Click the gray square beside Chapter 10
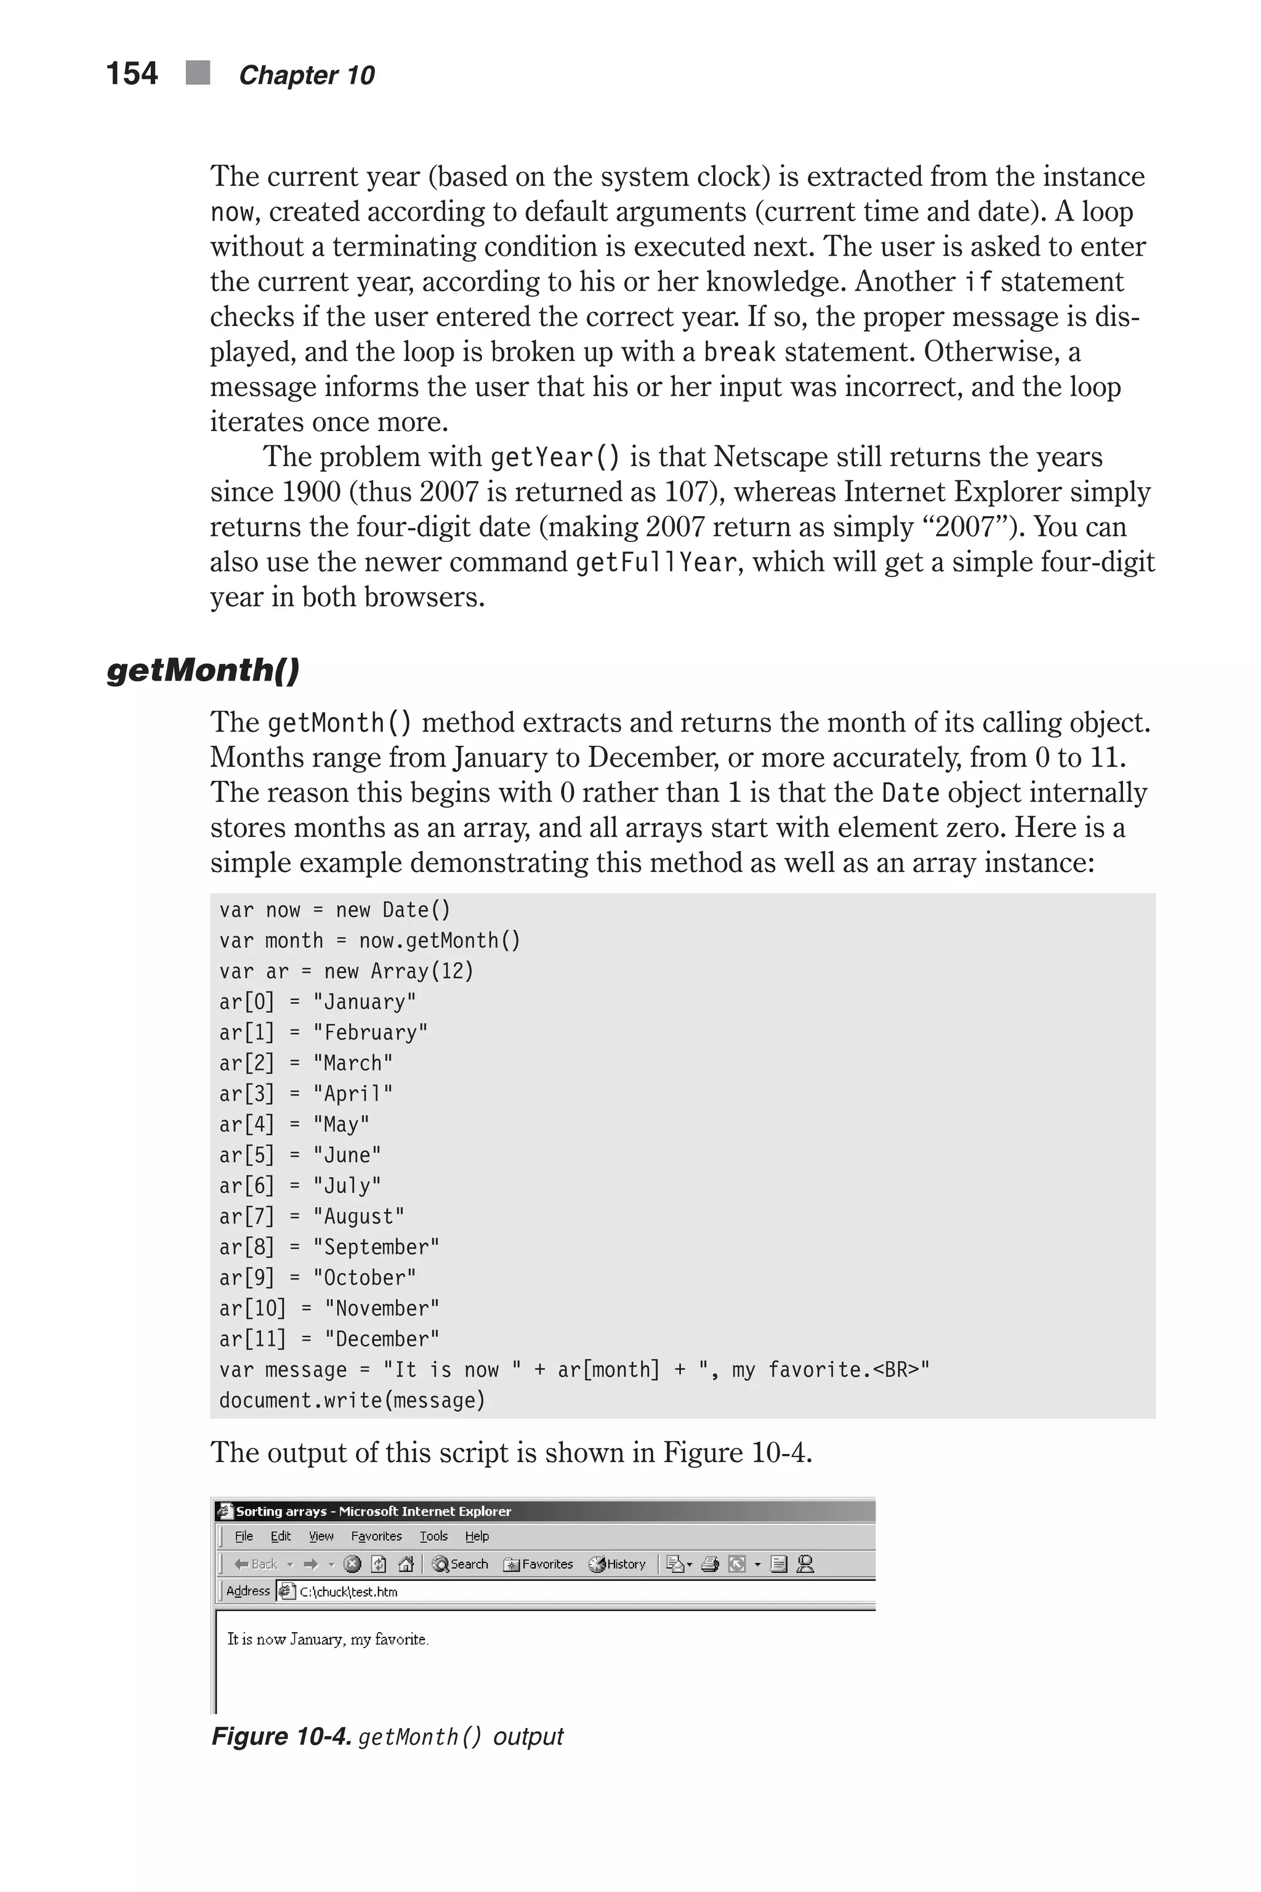198,73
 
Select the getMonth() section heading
203,669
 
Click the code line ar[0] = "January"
318,1001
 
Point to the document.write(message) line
352,1401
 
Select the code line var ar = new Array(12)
347,971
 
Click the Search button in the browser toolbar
461,1564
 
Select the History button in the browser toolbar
618,1564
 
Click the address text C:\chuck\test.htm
348,1591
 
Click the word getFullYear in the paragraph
655,562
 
